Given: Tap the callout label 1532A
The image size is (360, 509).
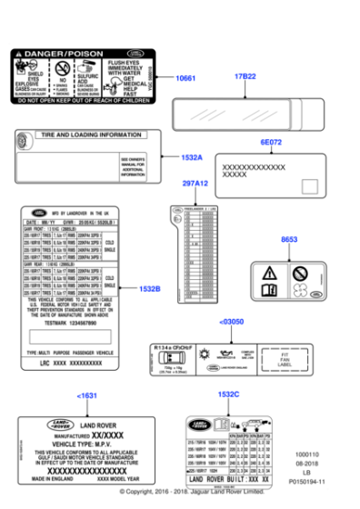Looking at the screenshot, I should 191,157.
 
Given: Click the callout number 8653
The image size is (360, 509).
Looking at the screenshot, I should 289,239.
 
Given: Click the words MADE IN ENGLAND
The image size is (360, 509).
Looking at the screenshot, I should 48,479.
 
